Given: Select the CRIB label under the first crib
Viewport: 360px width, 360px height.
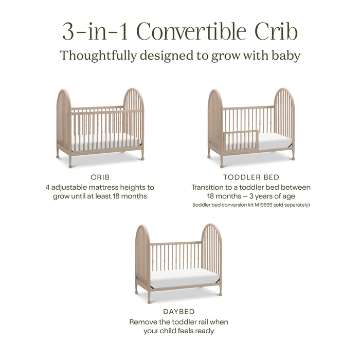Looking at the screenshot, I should click(x=100, y=177).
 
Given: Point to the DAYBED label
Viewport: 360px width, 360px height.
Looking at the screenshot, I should click(x=178, y=312).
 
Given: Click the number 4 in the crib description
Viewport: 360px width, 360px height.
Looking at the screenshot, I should click(x=47, y=188).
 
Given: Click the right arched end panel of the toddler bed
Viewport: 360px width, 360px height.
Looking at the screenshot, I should click(x=284, y=118).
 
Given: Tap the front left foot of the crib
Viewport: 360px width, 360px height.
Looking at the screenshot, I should click(x=70, y=163).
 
